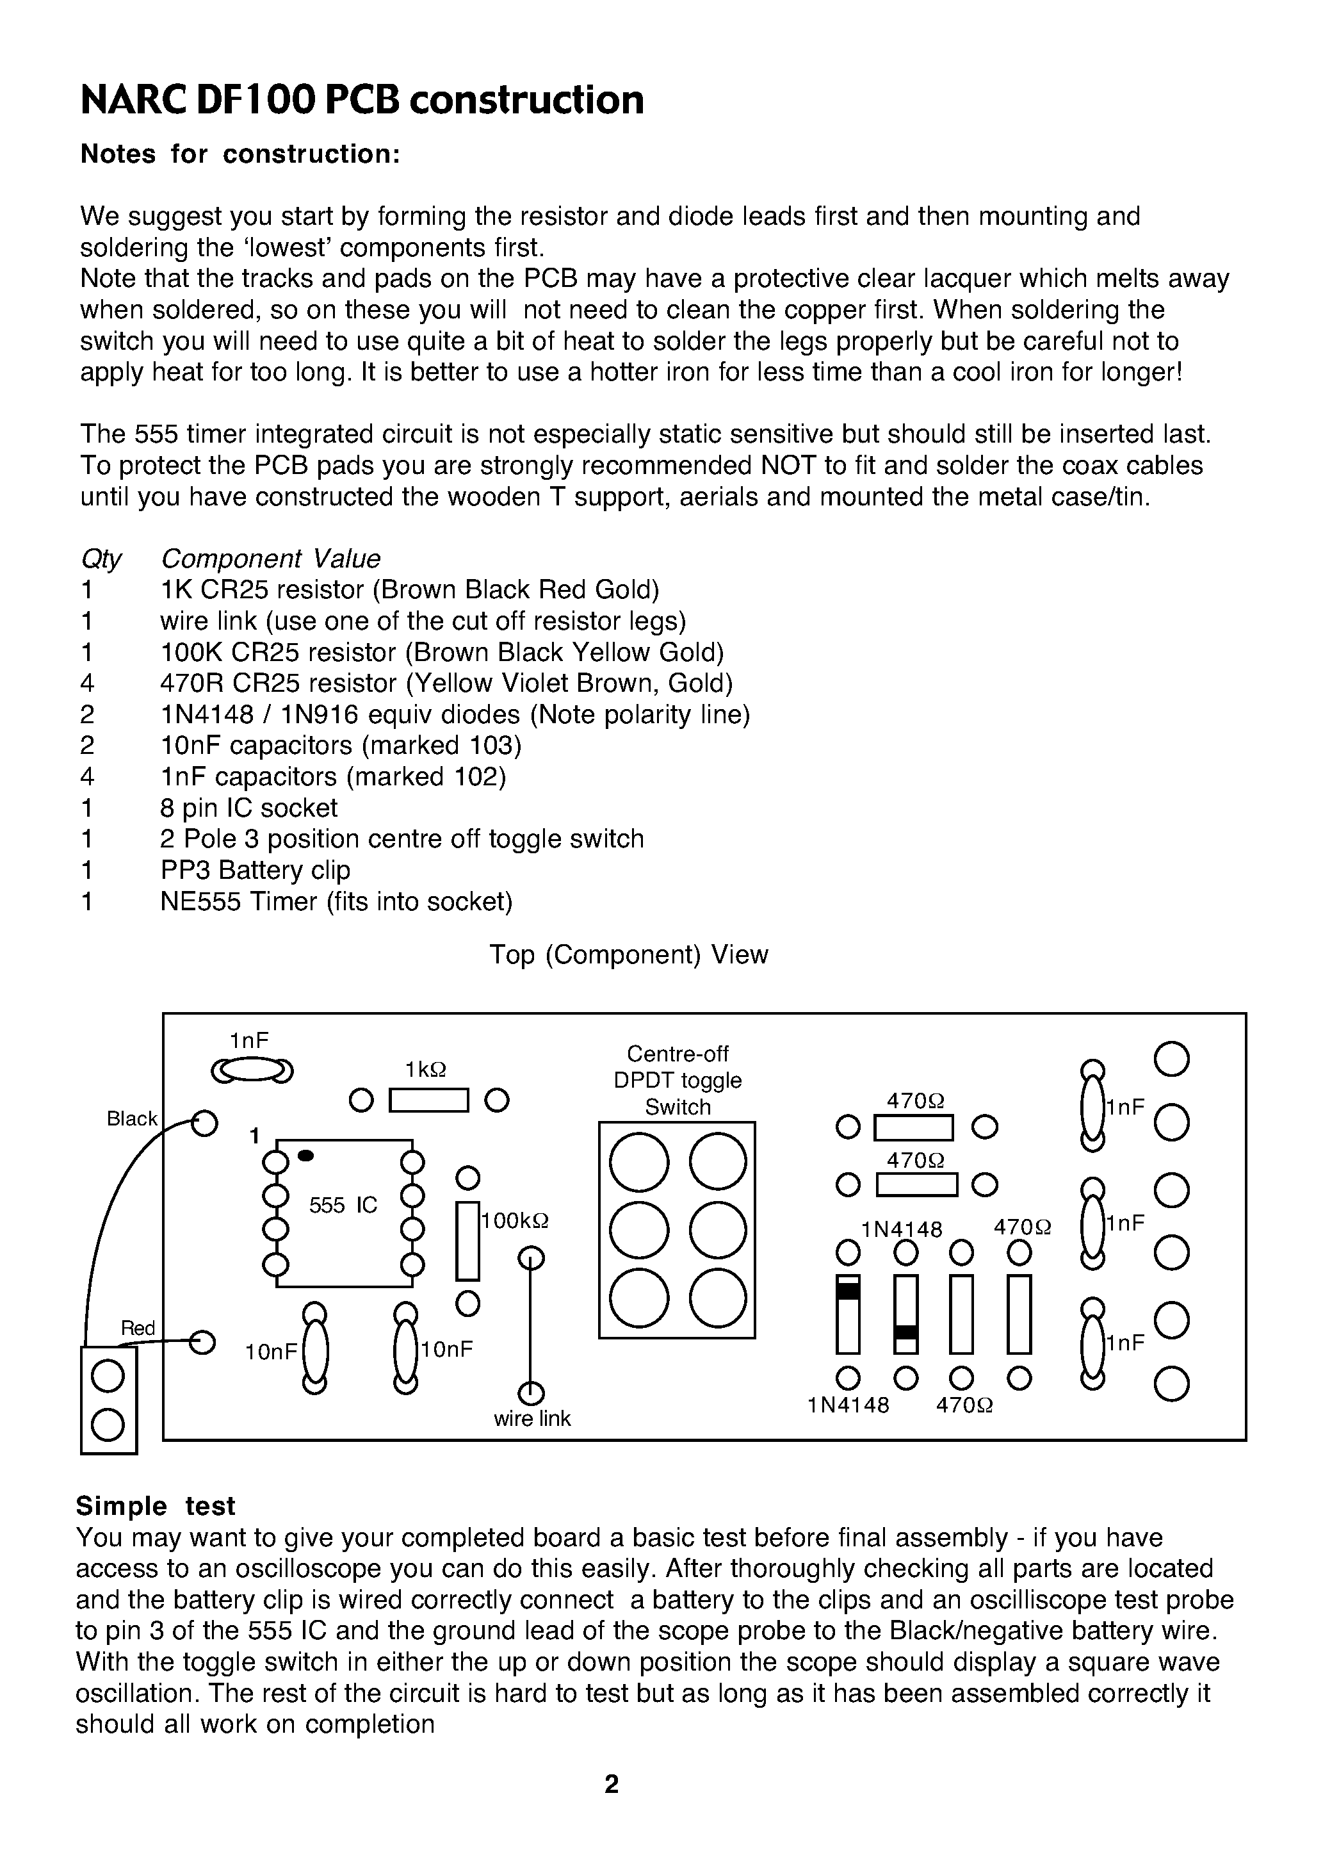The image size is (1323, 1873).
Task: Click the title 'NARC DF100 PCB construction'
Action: point(362,101)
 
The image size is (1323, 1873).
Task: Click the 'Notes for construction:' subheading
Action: point(239,154)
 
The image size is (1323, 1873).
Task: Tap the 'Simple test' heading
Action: point(155,1506)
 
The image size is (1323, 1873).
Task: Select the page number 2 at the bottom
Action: point(611,1784)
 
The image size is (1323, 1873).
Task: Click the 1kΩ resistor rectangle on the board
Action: point(429,1101)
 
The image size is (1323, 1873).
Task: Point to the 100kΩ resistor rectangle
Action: point(467,1241)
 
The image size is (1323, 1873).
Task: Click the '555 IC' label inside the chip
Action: point(343,1205)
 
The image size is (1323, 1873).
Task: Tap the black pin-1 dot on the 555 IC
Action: point(306,1156)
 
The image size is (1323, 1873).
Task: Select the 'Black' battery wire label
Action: point(131,1119)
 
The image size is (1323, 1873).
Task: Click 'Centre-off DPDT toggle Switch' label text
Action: point(677,1080)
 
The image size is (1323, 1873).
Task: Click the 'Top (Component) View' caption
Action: point(628,954)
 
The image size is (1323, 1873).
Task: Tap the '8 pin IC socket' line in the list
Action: point(248,808)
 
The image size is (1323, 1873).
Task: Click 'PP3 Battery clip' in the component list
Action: point(256,871)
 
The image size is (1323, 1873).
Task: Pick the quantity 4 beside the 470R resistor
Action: point(87,683)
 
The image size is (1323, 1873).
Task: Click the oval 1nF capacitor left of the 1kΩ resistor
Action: point(251,1070)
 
